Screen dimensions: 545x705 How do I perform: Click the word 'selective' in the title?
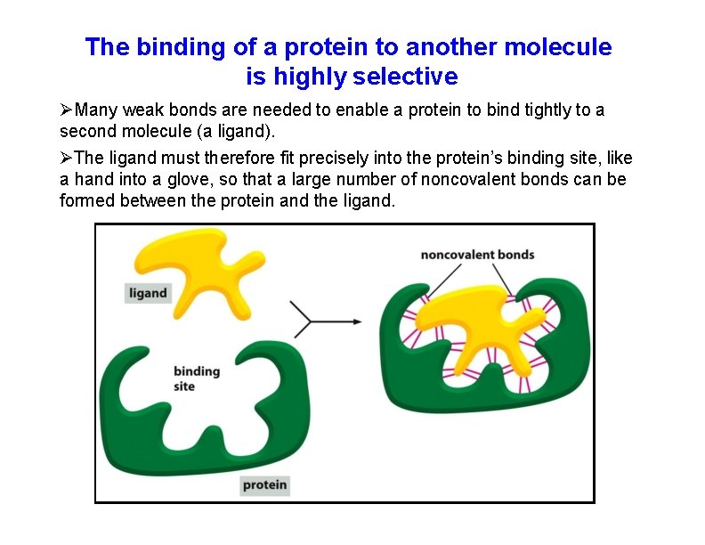405,77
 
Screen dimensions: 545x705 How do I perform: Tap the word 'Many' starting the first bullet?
93,110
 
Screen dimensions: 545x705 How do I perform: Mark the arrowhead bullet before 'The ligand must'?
66,159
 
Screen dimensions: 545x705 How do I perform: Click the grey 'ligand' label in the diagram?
148,292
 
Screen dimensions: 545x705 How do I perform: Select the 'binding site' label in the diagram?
196,378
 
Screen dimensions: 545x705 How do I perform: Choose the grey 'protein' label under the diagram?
265,484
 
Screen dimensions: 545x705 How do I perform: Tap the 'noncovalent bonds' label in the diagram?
477,255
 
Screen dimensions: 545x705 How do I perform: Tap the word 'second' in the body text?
87,132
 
